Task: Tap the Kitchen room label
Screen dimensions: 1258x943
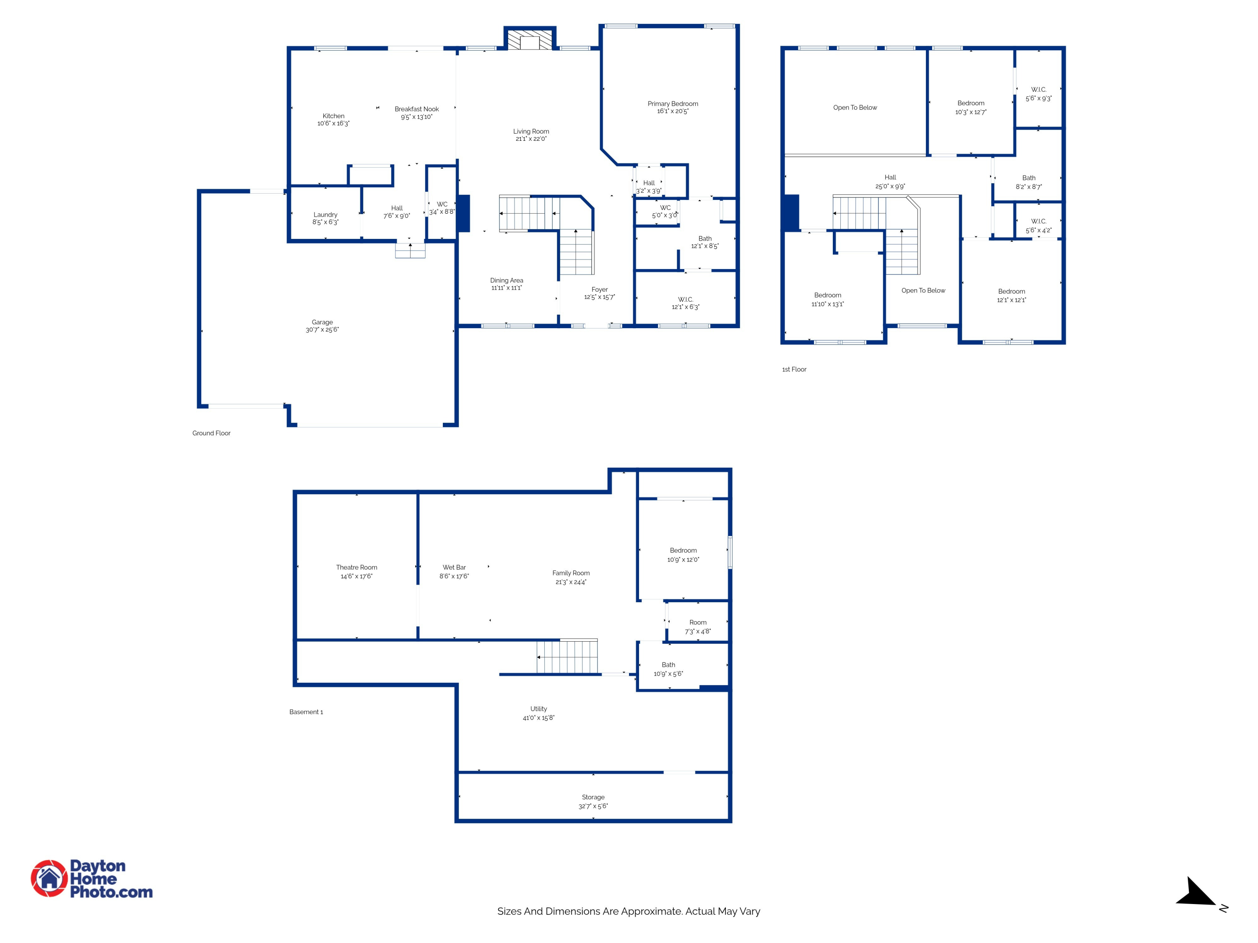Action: pyautogui.click(x=333, y=116)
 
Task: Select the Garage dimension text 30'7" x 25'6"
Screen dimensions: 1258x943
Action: pyautogui.click(x=322, y=330)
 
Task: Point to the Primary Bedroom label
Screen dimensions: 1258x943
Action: pyautogui.click(x=673, y=104)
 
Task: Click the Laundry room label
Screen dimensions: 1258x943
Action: pyautogui.click(x=325, y=215)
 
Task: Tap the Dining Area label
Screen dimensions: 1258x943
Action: pyautogui.click(x=507, y=280)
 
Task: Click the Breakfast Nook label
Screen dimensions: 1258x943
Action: pyautogui.click(x=417, y=109)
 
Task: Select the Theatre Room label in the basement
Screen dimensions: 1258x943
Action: pyautogui.click(x=356, y=567)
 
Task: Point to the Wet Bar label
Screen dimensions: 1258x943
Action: pyautogui.click(x=455, y=567)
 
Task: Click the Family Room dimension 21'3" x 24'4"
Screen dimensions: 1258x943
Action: pyautogui.click(x=571, y=582)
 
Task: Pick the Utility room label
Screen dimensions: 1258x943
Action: pyautogui.click(x=538, y=709)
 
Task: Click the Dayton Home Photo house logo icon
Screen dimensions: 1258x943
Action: pyautogui.click(x=49, y=878)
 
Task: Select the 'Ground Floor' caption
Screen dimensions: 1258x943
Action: pyautogui.click(x=212, y=433)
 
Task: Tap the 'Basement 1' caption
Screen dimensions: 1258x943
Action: pyautogui.click(x=306, y=712)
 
